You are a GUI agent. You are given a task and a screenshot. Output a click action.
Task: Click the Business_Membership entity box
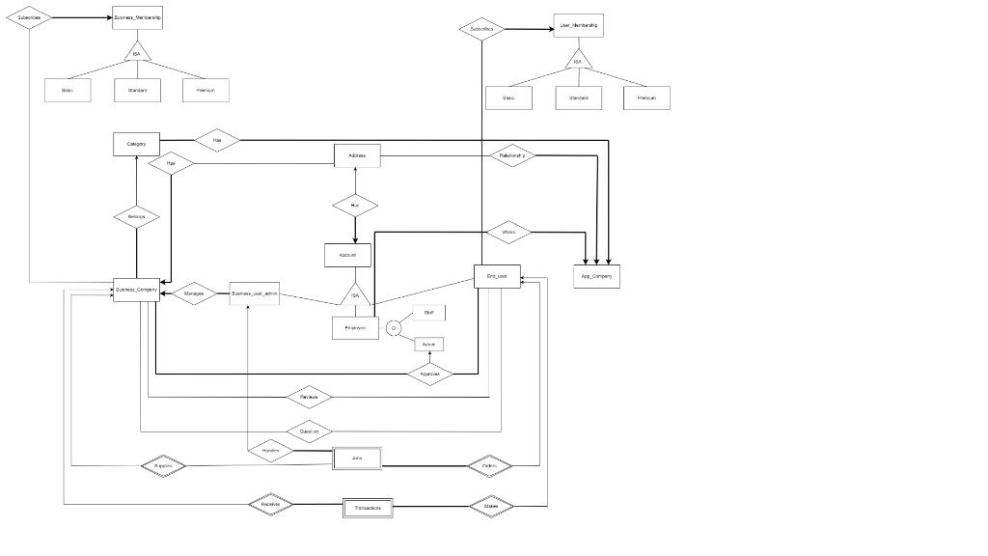point(137,18)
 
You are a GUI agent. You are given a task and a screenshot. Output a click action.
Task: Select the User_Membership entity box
point(579,26)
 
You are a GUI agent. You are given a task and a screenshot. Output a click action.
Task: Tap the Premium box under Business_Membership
point(206,90)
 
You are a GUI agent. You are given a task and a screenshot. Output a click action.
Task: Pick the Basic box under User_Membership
point(508,97)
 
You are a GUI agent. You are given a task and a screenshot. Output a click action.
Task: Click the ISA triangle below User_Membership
point(578,61)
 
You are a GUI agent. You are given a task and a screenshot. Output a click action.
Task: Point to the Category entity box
point(137,144)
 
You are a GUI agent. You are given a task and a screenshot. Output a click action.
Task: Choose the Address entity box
point(356,155)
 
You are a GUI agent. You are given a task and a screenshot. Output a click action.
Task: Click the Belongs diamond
point(137,217)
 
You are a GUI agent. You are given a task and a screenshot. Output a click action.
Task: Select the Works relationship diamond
point(508,232)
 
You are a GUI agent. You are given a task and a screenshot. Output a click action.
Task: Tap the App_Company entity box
point(596,276)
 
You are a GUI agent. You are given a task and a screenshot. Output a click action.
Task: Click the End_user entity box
point(497,276)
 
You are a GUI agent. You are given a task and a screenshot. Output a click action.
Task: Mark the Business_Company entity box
point(136,289)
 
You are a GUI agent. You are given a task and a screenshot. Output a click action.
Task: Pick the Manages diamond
point(194,293)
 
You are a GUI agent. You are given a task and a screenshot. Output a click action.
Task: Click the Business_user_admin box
point(255,293)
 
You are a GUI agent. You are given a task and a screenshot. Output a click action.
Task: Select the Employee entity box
point(355,328)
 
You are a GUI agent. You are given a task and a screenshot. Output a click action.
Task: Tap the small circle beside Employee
point(394,328)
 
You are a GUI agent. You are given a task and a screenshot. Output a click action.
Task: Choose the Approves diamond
point(430,374)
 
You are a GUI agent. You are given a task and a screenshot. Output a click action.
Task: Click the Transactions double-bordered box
point(368,507)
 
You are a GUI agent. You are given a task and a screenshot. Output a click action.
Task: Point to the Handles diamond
point(270,451)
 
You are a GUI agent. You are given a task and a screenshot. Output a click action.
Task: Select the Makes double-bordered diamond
point(491,506)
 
